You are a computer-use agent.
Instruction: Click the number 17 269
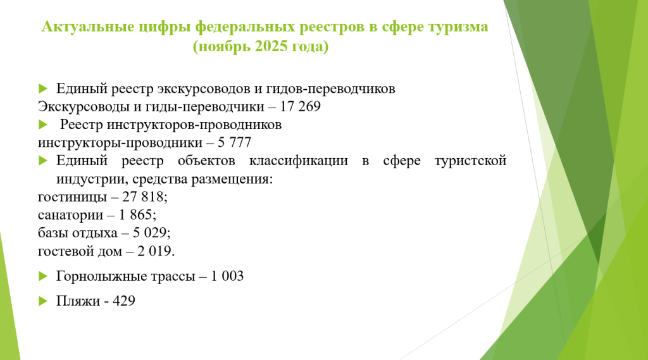[x=300, y=107]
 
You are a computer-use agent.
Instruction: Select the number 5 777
[x=234, y=142]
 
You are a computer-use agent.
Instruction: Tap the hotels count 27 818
[x=143, y=197]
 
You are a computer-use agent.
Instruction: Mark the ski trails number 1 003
[x=227, y=276]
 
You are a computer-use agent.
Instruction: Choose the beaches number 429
[x=123, y=301]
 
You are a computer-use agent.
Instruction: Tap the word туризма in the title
[x=458, y=27]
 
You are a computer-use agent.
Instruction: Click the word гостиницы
[x=72, y=197]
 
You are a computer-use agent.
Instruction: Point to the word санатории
[x=71, y=215]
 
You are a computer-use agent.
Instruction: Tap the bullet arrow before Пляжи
[x=43, y=301]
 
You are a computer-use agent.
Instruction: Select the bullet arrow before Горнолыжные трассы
[x=43, y=276]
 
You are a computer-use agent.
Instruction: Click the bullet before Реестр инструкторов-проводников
[x=43, y=125]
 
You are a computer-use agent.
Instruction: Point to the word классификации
[x=299, y=161]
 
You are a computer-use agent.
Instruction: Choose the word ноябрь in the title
[x=223, y=47]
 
